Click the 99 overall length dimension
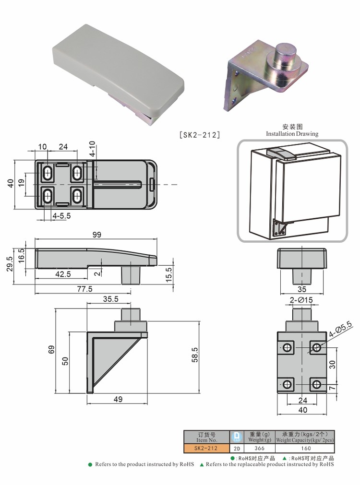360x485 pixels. point(97,235)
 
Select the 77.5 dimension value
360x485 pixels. point(85,289)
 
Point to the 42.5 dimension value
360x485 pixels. point(63,274)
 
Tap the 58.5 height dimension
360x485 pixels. point(195,355)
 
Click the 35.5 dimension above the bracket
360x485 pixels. point(111,299)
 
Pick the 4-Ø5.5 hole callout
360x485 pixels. point(340,329)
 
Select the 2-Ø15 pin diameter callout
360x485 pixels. point(301,300)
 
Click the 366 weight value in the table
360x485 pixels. point(259,448)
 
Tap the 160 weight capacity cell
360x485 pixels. point(306,448)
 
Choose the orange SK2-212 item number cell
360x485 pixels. point(206,448)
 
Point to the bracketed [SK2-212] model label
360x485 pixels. point(200,134)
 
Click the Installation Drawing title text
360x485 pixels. point(292,134)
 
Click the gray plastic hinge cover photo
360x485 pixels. point(119,73)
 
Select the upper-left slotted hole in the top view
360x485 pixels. point(48,173)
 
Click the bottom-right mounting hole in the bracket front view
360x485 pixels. point(316,384)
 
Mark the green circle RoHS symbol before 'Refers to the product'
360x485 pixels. point(90,464)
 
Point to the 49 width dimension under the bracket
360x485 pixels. point(118,399)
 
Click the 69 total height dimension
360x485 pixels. point(51,350)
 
